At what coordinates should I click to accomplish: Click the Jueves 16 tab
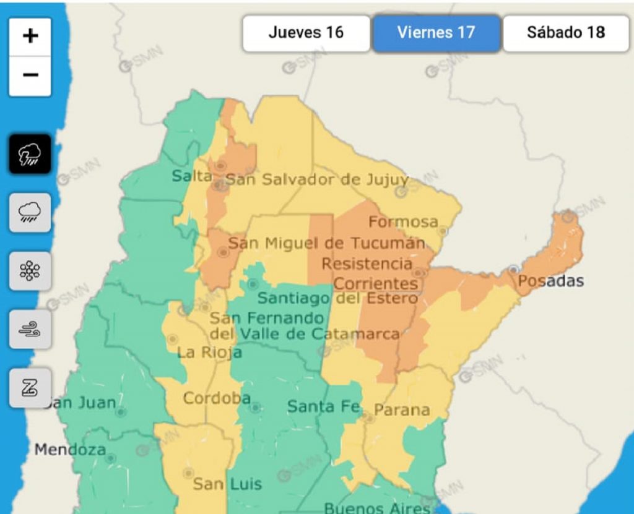306,33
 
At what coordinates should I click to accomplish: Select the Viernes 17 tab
436,33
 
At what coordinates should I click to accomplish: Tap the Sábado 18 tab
566,33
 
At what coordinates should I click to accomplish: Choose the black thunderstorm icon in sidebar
30,154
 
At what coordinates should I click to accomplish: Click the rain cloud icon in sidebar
30,213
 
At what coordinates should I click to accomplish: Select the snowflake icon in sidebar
30,271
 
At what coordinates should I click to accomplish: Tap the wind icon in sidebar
30,330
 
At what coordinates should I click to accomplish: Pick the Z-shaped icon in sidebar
30,388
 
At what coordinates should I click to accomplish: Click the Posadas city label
550,281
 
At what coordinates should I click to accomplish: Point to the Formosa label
403,221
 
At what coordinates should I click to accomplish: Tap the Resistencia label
367,264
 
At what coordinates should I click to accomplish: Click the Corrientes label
376,284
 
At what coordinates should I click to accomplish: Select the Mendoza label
70,450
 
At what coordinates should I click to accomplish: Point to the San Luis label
227,484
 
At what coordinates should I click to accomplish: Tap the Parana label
402,410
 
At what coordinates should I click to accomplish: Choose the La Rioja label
209,353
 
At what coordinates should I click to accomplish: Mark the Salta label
191,176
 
